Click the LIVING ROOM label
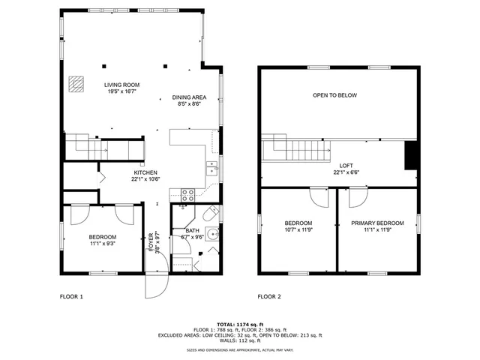(121, 85)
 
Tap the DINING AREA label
(189, 97)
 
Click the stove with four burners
(188, 195)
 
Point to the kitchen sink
(212, 169)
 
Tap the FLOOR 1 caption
(71, 297)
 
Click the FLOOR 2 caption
(269, 297)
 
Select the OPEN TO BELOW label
(334, 95)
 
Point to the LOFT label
(346, 166)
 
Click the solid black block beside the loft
(410, 155)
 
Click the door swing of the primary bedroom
(355, 196)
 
